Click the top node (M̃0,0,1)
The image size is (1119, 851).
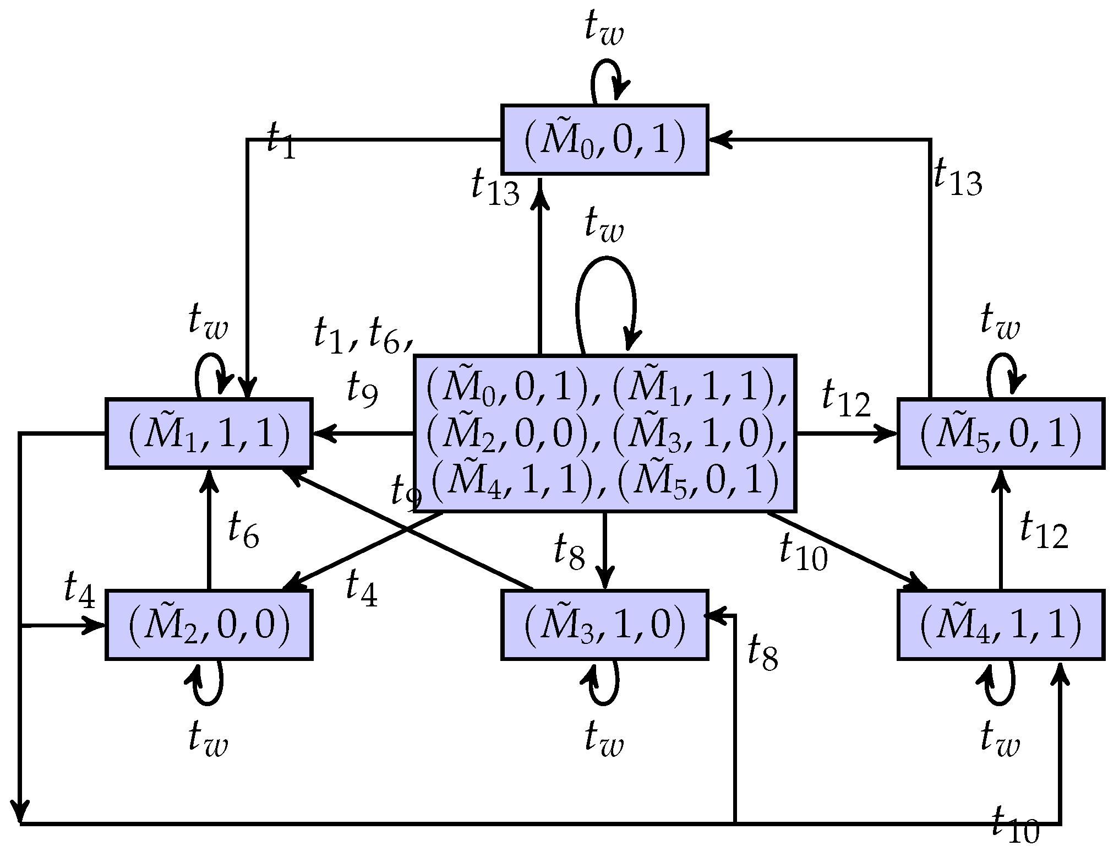pos(604,139)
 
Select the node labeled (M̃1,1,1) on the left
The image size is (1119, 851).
pos(209,433)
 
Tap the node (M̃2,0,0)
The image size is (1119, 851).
pos(209,625)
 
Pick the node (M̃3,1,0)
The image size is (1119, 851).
pos(604,625)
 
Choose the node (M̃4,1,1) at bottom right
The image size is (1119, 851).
pos(1000,625)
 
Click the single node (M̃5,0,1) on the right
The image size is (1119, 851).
pos(1000,433)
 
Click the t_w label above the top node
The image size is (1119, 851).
pos(604,31)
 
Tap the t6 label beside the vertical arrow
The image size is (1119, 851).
pos(243,530)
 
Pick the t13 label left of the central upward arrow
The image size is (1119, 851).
pos(495,188)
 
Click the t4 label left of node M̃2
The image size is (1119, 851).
pos(80,589)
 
